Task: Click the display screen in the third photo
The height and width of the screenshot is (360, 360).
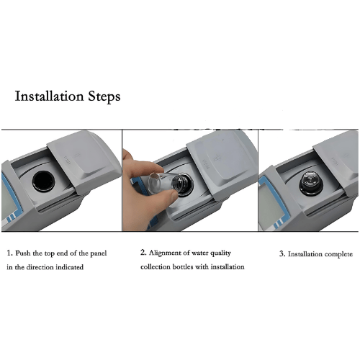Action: [x=270, y=208]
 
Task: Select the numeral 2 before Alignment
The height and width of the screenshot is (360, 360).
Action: [x=143, y=253]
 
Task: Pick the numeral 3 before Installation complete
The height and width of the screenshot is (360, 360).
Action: [x=281, y=254]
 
